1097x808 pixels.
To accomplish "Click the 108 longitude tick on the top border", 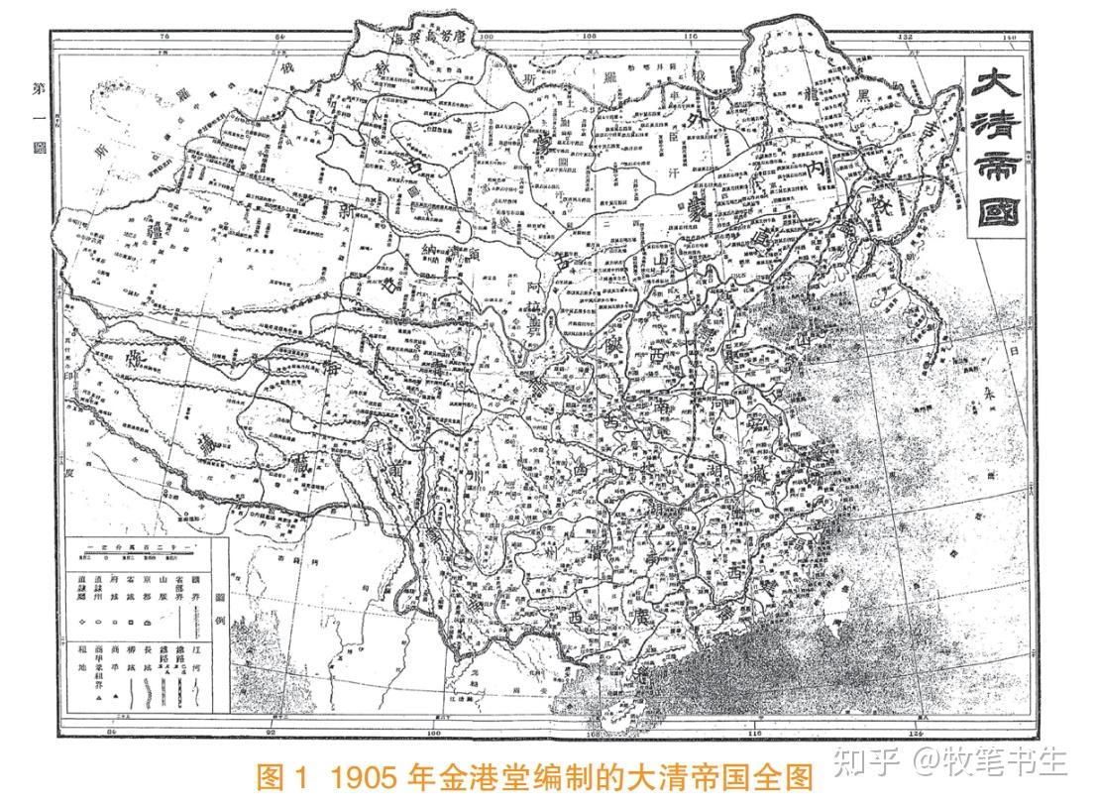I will point(590,37).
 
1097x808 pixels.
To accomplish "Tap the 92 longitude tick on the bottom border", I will point(270,733).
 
